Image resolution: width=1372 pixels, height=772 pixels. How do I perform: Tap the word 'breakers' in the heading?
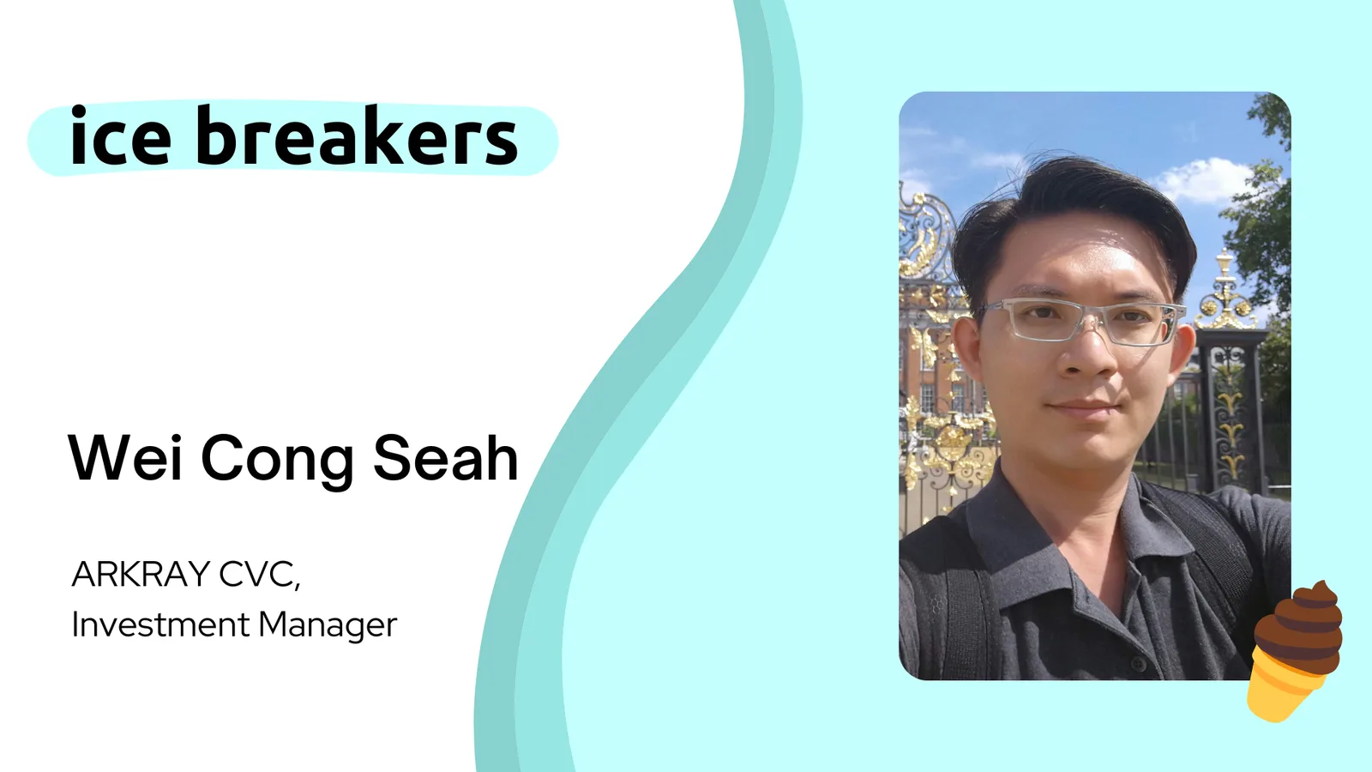coord(357,136)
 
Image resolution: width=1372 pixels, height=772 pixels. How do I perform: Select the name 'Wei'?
coord(125,457)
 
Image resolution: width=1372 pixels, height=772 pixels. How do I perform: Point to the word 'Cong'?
coord(278,461)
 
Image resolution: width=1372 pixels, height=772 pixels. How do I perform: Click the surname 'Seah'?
coord(446,457)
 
